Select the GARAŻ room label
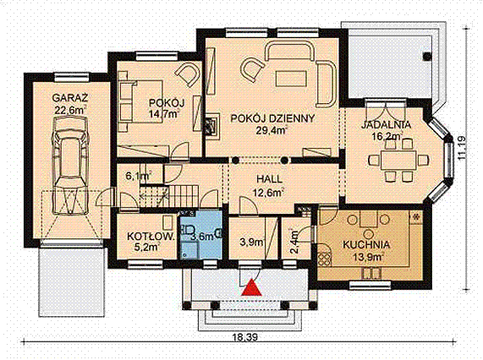[69, 96]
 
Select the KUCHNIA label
[365, 244]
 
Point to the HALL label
[269, 179]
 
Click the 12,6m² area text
[268, 192]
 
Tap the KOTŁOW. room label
[145, 237]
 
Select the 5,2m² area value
[145, 249]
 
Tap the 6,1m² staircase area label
[138, 176]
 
